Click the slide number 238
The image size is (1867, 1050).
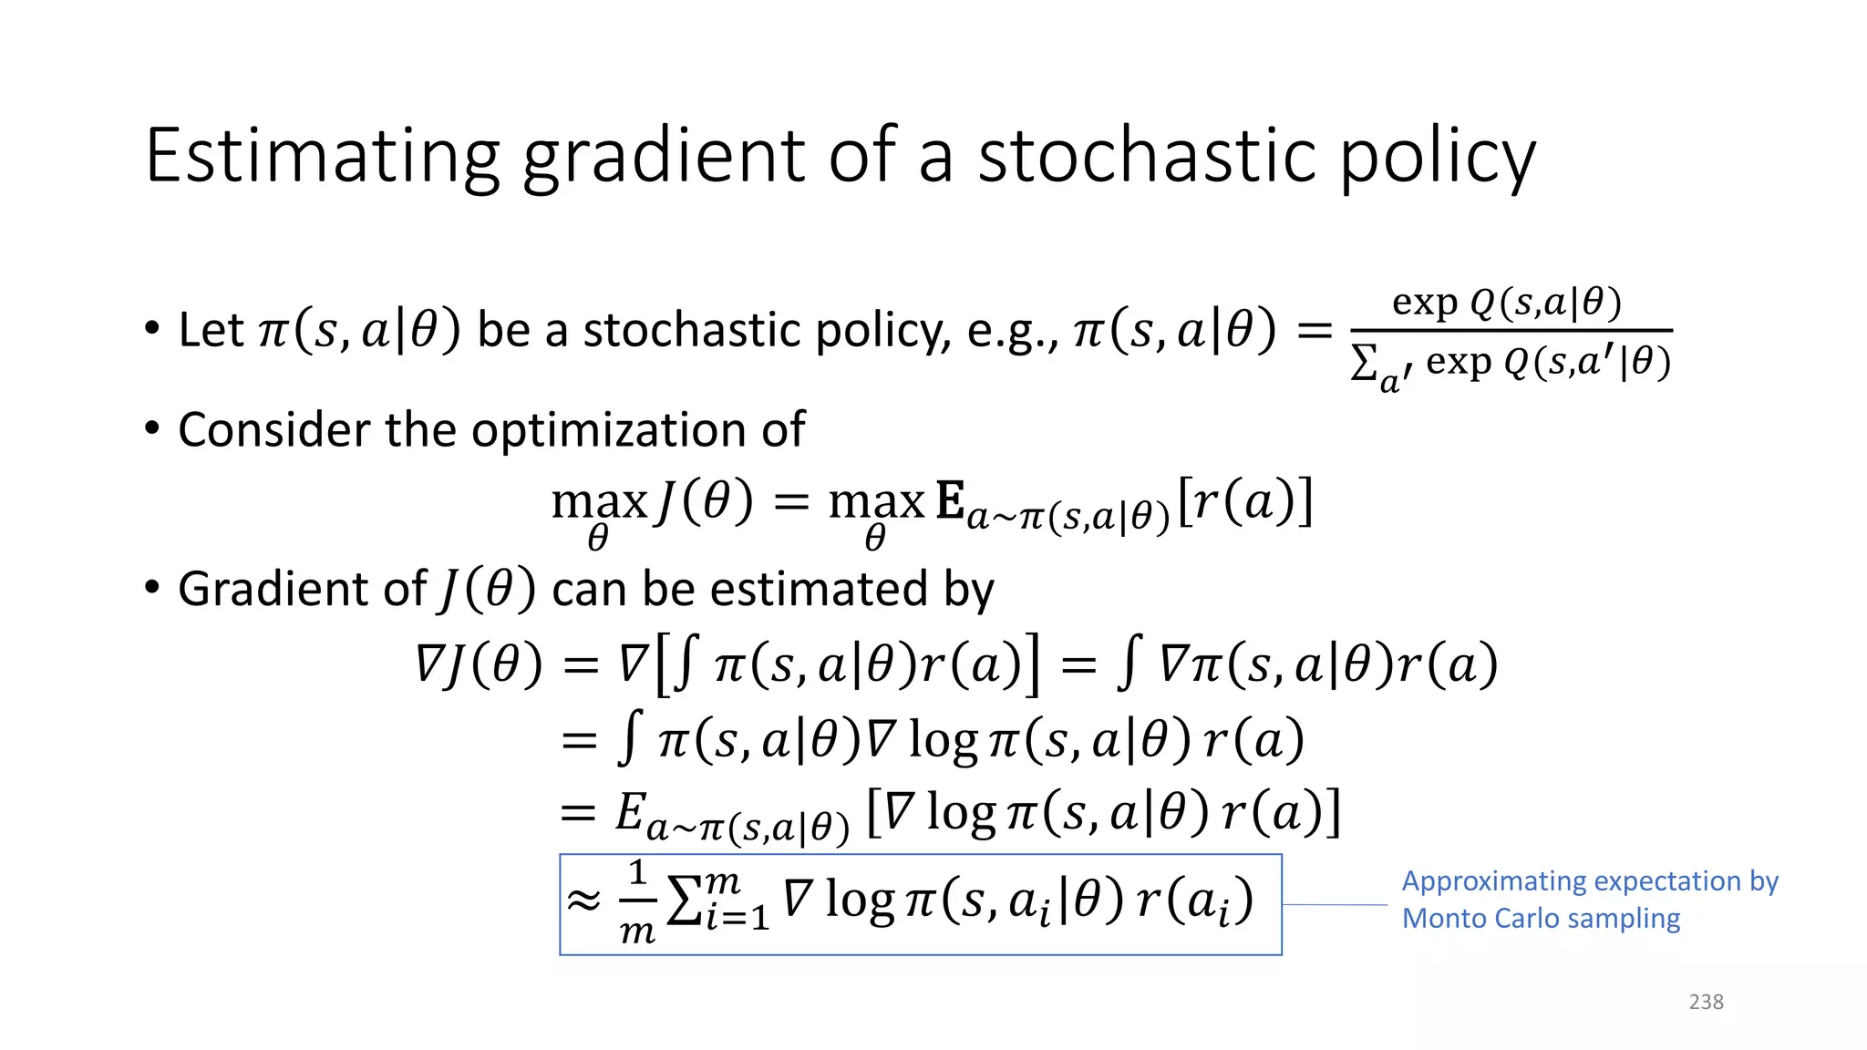[1706, 1002]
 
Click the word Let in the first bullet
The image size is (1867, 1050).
[211, 330]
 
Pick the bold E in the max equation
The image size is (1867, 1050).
[950, 501]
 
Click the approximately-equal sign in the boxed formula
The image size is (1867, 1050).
[584, 901]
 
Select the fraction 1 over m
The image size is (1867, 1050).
[637, 902]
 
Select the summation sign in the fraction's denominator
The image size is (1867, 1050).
[1364, 364]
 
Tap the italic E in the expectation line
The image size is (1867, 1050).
[630, 811]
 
